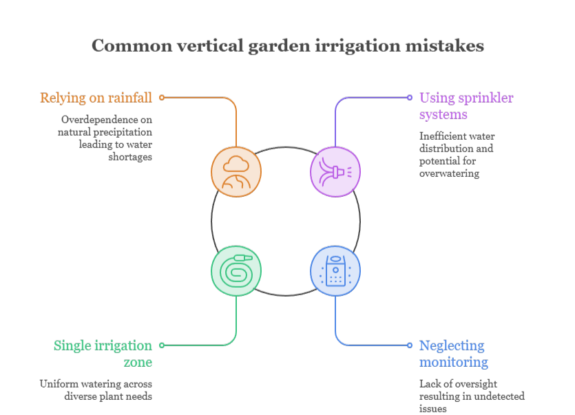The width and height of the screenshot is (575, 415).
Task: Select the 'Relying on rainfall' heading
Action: coord(96,98)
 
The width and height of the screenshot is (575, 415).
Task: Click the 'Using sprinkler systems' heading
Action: coord(466,106)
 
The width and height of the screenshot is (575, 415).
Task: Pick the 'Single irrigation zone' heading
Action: coord(103,354)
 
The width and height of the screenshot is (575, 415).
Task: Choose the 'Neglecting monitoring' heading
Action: coord(454,354)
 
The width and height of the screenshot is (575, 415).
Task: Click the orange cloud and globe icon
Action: coord(236,172)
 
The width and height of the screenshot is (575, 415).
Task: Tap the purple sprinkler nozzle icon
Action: coord(335,172)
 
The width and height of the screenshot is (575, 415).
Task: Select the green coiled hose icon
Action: coord(236,271)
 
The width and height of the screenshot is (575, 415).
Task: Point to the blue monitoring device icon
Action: coord(335,271)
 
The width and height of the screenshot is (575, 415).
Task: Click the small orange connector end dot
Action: coord(162,98)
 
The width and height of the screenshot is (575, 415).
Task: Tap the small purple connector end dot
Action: coord(410,98)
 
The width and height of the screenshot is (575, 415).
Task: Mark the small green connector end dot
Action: coord(162,345)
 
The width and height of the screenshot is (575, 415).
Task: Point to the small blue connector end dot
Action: coord(410,345)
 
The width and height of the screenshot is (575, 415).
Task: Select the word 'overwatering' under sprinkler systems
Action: coord(449,173)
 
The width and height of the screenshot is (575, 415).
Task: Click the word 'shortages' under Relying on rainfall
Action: coord(130,158)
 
